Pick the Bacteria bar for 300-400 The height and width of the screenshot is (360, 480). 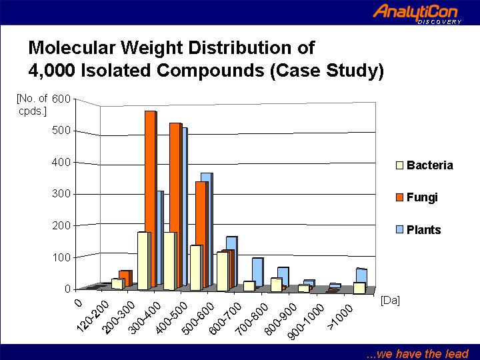(x=144, y=261)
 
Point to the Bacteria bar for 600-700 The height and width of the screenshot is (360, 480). (x=223, y=271)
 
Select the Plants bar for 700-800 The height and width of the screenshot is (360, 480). (x=258, y=272)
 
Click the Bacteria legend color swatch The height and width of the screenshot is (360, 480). (x=399, y=165)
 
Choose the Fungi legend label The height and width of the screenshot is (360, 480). (x=422, y=197)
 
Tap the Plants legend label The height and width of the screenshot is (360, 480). (x=424, y=229)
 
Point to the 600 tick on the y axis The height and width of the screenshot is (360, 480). (x=61, y=99)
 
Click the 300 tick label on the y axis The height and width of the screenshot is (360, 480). (x=61, y=194)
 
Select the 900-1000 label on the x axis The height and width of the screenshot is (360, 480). (x=306, y=321)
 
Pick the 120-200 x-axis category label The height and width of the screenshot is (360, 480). (x=93, y=317)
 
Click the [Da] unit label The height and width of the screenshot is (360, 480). (x=390, y=300)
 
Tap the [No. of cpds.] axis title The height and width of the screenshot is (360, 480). (x=32, y=105)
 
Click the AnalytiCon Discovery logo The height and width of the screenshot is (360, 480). (x=417, y=13)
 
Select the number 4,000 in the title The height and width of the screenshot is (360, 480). (x=51, y=71)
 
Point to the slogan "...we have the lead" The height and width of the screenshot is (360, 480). (x=417, y=353)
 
